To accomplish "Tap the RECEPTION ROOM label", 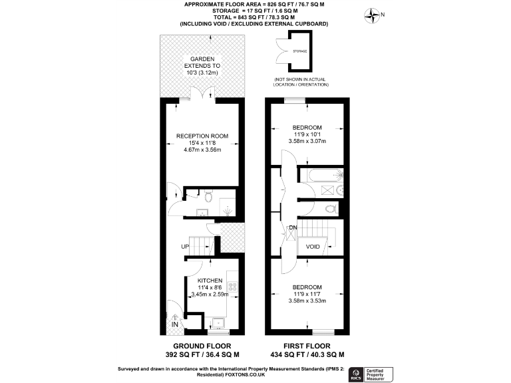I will pos(202,136).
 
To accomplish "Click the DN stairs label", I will pos(291,229).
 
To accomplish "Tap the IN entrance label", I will pos(175,324).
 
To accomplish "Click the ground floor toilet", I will pos(208,197).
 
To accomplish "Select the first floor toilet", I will pos(328,208).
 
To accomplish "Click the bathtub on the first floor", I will pos(322,175).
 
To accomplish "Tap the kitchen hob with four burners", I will pos(234,287).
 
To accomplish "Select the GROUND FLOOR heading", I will pos(202,346).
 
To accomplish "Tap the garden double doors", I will pos(202,98).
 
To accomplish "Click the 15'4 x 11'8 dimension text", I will pos(202,143).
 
